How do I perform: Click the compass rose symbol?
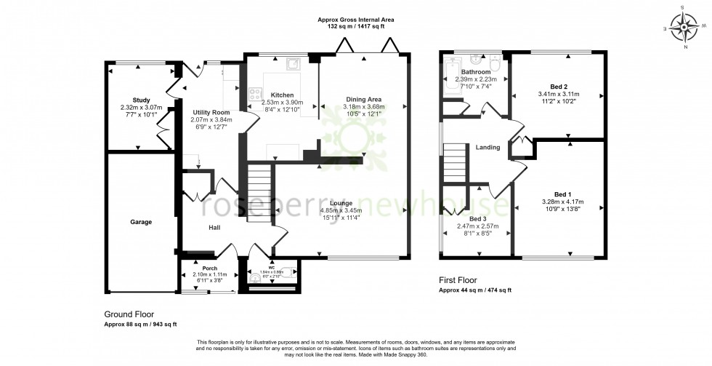(x=684, y=28)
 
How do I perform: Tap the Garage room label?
(x=141, y=222)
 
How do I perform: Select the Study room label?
(x=141, y=100)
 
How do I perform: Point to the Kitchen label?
(x=282, y=95)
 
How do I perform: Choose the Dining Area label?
(x=363, y=100)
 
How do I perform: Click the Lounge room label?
(x=341, y=203)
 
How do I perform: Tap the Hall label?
(x=214, y=228)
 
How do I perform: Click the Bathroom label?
(x=476, y=72)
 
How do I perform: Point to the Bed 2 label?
(x=552, y=87)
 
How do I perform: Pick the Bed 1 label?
(x=562, y=194)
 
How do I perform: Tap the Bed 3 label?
(x=477, y=218)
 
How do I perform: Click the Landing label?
(x=488, y=148)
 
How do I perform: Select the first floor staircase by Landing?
(x=453, y=159)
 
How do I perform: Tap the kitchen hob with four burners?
(x=256, y=94)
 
